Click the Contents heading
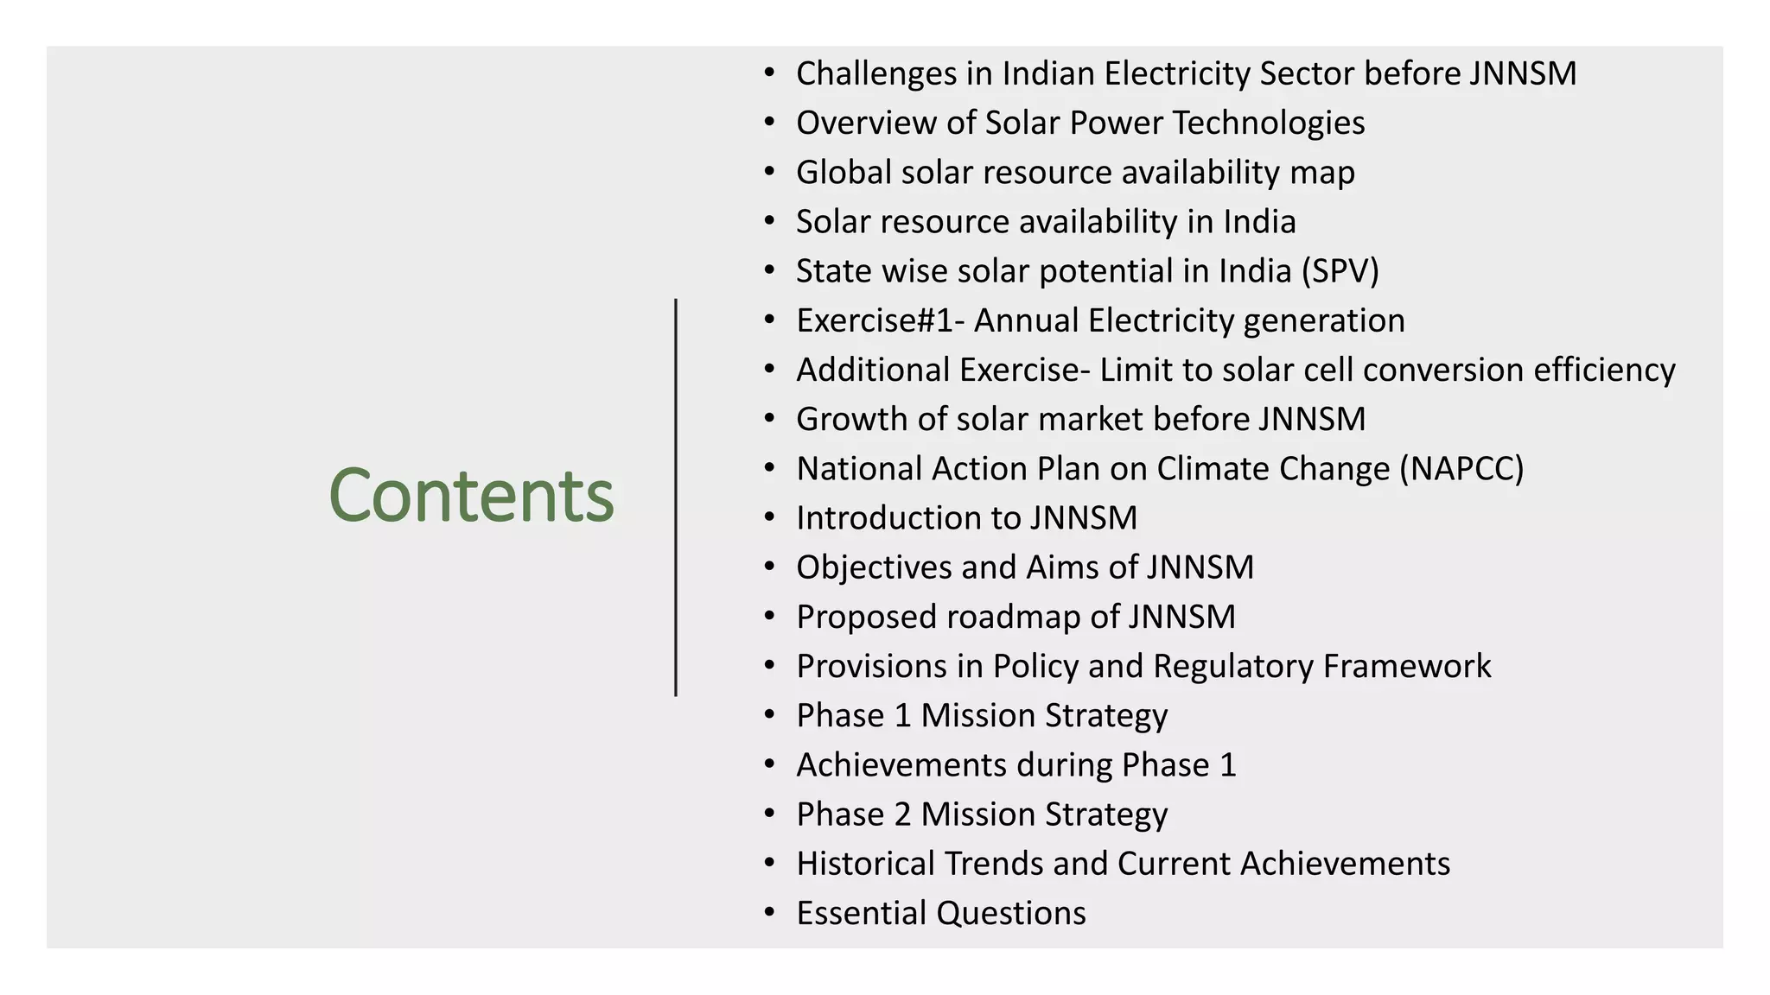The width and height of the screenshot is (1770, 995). (471, 495)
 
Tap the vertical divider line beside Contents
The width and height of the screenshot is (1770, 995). (676, 497)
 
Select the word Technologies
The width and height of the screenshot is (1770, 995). (1269, 124)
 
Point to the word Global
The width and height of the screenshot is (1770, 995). (844, 173)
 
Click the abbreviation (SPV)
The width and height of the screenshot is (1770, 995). (1340, 271)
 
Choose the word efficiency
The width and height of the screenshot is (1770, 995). (1604, 371)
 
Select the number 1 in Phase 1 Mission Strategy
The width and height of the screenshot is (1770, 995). (902, 715)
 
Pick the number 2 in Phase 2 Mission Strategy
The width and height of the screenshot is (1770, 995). (902, 814)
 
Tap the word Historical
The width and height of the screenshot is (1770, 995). (865, 864)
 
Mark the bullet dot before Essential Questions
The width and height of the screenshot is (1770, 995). (769, 913)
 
